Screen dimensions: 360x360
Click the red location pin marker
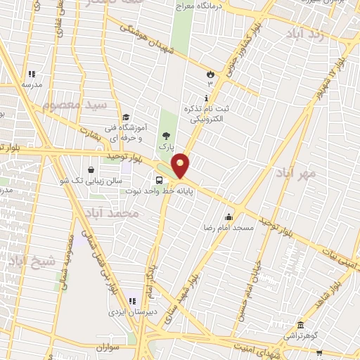(181, 165)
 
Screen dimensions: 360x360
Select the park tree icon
(166, 136)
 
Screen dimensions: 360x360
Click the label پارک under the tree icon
(166, 147)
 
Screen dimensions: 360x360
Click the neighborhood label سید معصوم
(74, 106)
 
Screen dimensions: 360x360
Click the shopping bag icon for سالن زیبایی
(91, 169)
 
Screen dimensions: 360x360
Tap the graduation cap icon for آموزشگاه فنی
(126, 117)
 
